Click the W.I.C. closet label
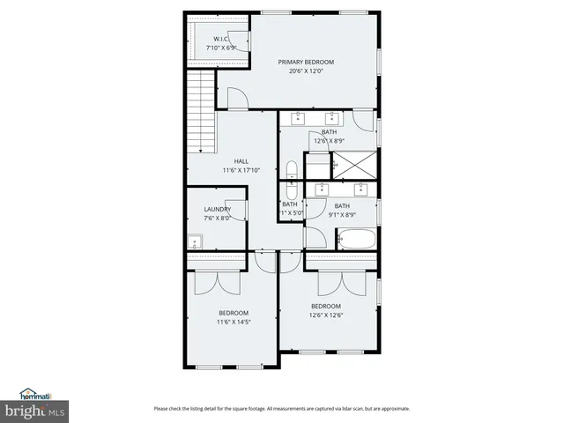coord(221,38)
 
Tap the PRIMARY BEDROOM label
coord(306,62)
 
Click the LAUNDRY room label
coord(217,209)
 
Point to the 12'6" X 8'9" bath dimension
coord(329,140)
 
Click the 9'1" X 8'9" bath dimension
coord(342,214)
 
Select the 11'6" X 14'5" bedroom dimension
coord(234,322)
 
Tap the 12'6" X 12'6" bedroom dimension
coord(325,315)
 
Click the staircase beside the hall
coord(201,102)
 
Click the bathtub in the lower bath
coord(356,238)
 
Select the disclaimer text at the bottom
coord(282,408)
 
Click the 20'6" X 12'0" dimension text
coord(306,70)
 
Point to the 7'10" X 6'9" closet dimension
coord(221,47)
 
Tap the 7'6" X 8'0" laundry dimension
coord(217,218)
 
